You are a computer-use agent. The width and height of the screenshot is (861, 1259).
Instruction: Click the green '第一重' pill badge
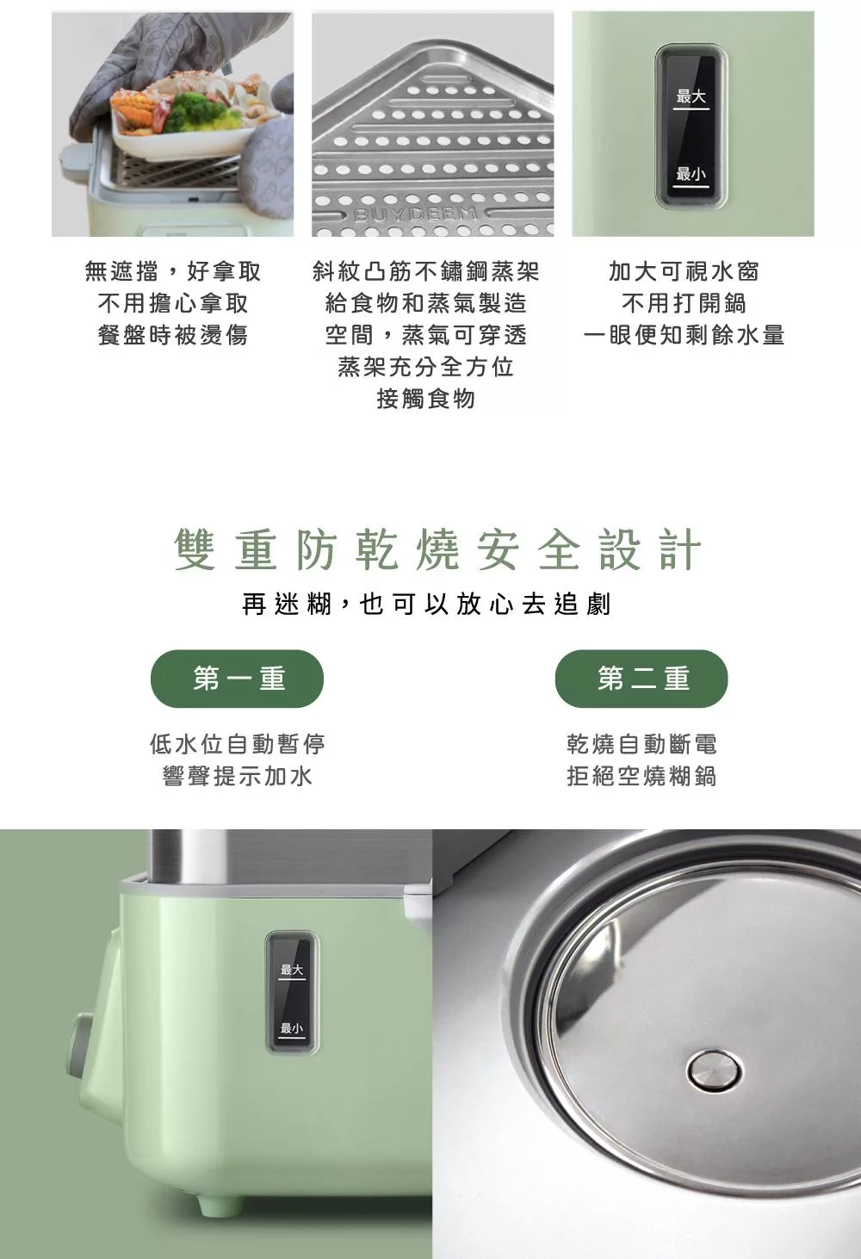(237, 679)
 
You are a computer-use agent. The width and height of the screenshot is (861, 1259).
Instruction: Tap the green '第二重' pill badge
(641, 679)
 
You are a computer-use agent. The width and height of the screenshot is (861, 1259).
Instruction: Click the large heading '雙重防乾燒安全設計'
(437, 549)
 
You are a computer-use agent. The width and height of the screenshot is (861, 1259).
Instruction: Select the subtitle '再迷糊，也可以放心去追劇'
(426, 605)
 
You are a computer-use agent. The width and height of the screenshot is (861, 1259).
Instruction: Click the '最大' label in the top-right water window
(691, 96)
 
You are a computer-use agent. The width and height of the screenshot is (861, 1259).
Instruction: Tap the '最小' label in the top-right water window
(691, 174)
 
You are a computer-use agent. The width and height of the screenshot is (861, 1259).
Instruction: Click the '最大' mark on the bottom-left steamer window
(292, 971)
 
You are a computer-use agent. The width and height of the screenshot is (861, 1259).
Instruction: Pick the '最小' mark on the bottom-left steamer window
(292, 1028)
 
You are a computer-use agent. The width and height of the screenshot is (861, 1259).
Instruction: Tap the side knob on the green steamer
(80, 1045)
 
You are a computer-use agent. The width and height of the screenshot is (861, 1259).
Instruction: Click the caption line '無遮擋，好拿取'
(173, 271)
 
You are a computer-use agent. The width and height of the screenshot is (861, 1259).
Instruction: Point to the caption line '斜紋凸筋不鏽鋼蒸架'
(426, 271)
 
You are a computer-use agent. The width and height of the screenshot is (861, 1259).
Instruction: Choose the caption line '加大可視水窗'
(684, 271)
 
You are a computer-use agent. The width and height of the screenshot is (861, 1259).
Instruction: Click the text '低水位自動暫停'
(237, 744)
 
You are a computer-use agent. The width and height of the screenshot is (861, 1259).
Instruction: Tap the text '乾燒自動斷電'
(641, 744)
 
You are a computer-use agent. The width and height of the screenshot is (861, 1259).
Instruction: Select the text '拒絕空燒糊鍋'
(641, 776)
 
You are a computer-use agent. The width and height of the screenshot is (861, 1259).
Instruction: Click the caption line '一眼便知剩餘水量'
(684, 336)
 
